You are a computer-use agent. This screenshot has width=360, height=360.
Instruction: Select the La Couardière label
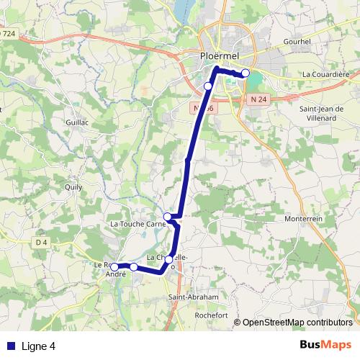pyautogui.click(x=325, y=73)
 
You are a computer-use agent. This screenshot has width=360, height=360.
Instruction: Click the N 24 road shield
pyautogui.click(x=258, y=98)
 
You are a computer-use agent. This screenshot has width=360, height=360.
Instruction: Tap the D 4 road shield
pyautogui.click(x=41, y=243)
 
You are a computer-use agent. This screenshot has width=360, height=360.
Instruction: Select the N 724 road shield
pyautogui.click(x=8, y=33)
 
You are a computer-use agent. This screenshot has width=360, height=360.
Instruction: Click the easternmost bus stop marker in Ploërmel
pyautogui.click(x=246, y=73)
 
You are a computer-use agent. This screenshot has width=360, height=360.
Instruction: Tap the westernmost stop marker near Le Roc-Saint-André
pyautogui.click(x=114, y=267)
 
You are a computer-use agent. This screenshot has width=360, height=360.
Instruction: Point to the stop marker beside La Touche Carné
pyautogui.click(x=167, y=216)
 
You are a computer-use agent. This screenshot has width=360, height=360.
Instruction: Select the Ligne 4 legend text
pyautogui.click(x=38, y=346)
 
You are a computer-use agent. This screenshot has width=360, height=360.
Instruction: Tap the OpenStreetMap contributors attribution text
pyautogui.click(x=297, y=322)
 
